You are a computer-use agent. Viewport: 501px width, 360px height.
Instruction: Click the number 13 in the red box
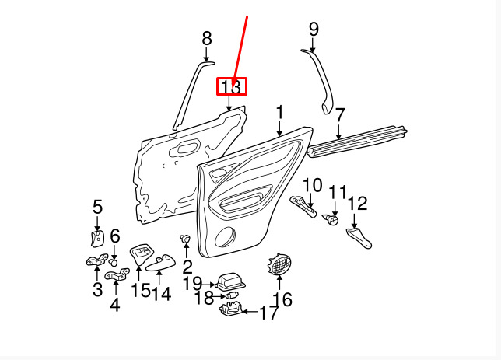pos(231,86)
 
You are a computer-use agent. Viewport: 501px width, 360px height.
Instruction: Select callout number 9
pos(314,30)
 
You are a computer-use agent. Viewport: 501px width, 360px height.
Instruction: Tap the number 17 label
pos(268,313)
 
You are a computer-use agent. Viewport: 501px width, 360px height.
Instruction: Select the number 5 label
pos(97,207)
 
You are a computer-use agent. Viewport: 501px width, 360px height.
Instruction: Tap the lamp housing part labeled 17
pos(231,312)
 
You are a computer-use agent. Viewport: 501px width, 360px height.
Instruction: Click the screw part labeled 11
pos(334,219)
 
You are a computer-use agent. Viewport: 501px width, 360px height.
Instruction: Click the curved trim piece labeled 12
pos(359,238)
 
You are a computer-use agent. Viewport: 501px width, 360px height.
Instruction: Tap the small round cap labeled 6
pos(114,261)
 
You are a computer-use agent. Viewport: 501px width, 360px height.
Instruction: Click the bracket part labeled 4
pos(115,274)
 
